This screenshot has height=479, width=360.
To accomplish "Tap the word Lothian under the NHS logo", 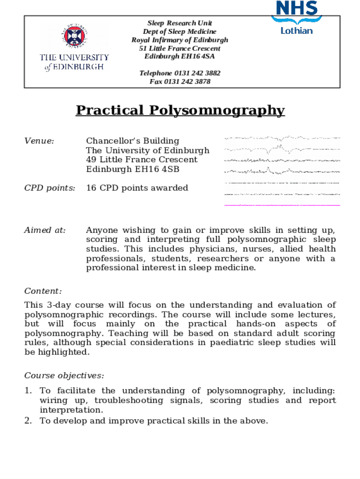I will point(296,30).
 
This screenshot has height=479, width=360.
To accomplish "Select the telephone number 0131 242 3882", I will point(197,73).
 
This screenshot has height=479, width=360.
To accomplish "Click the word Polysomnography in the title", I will point(217,110).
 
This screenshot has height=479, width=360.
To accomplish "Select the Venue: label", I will point(39,141).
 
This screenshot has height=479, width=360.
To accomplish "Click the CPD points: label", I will point(50,188).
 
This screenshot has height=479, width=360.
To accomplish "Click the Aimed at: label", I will point(45,230).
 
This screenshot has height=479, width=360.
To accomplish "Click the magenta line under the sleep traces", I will point(282,205).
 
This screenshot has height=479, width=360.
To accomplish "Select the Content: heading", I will point(43,291).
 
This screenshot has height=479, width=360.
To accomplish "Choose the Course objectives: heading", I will point(64,376).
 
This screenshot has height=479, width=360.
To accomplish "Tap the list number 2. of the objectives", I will point(28,421).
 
